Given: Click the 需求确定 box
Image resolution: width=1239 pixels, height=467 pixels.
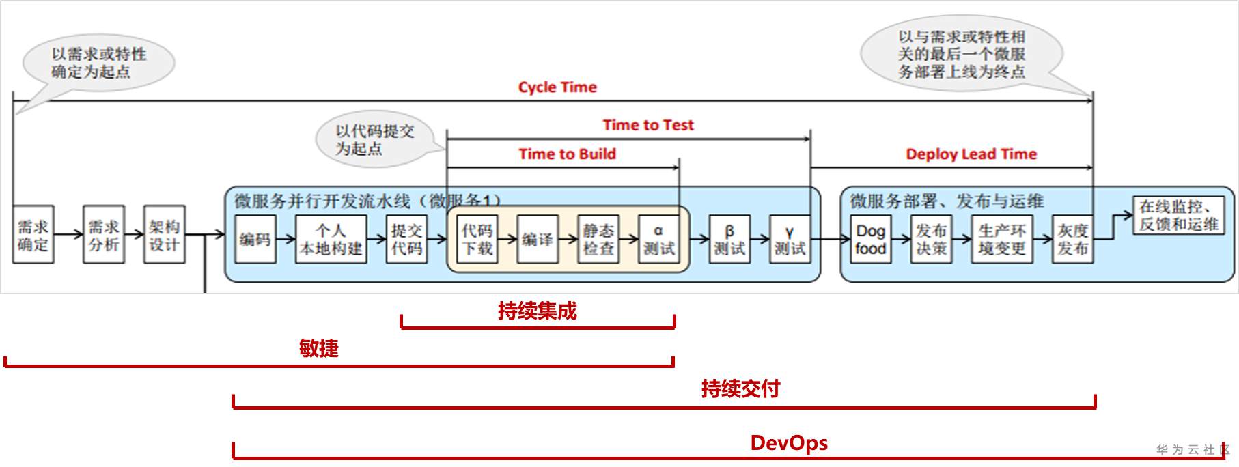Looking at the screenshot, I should (33, 235).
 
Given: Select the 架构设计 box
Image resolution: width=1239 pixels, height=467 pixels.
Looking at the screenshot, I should (164, 235).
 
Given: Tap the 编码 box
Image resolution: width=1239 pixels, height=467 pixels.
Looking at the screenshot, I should (255, 240).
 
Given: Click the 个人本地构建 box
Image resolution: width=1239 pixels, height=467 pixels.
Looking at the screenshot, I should (331, 240).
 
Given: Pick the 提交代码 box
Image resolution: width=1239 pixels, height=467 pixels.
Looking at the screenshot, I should (406, 240).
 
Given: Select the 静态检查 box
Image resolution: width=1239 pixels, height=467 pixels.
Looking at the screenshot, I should (598, 240).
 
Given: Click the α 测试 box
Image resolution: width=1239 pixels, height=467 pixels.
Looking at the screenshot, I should (658, 240).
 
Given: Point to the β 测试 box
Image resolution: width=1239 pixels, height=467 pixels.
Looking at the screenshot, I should (729, 240).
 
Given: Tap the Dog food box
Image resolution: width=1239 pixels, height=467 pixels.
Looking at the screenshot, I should (870, 240).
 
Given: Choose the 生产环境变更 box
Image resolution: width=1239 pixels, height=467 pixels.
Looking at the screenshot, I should (1001, 240).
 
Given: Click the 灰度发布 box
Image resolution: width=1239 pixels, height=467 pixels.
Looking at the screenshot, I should (1072, 240).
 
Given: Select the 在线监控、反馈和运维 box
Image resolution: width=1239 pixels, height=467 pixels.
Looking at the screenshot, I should (1178, 215).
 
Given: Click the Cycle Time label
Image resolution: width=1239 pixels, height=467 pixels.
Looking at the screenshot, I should (557, 87).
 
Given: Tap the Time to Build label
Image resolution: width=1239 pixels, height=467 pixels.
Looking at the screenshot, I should (567, 154).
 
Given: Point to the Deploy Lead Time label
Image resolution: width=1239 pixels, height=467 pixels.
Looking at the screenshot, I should (971, 154).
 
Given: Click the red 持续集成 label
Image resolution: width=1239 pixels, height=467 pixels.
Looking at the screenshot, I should (537, 311).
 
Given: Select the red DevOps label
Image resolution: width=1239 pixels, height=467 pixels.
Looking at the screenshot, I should (789, 443).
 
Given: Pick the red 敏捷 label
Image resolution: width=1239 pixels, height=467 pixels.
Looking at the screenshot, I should (318, 349).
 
